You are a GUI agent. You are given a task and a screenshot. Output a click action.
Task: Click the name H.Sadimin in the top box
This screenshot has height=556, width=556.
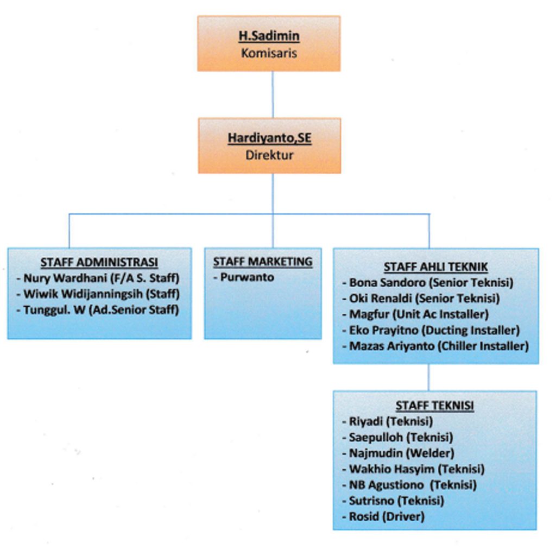[269, 37]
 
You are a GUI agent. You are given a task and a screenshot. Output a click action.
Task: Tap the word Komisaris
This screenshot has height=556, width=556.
[269, 53]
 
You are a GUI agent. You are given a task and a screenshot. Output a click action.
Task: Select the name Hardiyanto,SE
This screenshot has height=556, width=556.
[269, 138]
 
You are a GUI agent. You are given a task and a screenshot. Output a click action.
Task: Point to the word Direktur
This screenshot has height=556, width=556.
[269, 155]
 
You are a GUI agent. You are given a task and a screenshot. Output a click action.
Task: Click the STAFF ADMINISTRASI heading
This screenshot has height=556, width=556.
[99, 262]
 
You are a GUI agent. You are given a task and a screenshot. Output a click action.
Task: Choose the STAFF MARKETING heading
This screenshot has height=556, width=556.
[263, 262]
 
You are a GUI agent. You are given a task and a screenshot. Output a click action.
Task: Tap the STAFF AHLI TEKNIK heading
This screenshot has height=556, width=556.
[435, 267]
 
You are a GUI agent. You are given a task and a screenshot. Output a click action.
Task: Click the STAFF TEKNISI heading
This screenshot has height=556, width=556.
[434, 406]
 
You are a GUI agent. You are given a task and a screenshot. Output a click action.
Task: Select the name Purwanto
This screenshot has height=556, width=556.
[247, 277]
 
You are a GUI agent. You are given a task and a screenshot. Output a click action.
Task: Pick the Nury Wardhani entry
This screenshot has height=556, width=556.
[101, 279]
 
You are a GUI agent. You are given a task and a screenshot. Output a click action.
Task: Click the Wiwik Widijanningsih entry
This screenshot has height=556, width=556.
[101, 294]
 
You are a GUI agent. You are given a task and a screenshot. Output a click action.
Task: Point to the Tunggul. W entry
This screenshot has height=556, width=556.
[101, 310]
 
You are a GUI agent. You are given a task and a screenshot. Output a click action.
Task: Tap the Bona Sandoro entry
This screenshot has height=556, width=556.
[431, 282]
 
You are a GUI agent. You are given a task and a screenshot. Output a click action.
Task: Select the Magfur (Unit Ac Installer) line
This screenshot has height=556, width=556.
[419, 314]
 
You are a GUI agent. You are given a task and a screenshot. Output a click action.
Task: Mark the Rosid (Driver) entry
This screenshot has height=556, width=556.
[386, 516]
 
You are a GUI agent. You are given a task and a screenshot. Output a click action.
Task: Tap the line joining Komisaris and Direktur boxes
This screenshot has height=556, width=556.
[273, 94]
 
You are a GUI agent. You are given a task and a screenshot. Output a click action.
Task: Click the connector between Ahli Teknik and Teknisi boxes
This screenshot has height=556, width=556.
[428, 377]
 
